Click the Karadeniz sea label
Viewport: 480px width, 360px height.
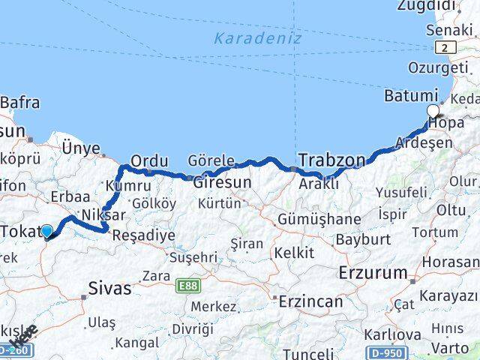257,37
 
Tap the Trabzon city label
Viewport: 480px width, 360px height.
331,159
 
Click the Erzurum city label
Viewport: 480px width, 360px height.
373,271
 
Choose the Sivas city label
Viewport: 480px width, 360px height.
109,287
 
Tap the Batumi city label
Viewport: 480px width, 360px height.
410,96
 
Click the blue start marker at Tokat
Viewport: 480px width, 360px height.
47,232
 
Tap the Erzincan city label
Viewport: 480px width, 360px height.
310,301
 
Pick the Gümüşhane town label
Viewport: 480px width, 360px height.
319,219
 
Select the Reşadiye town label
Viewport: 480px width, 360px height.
143,235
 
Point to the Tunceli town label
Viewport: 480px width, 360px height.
308,352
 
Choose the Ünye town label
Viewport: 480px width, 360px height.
81,148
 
